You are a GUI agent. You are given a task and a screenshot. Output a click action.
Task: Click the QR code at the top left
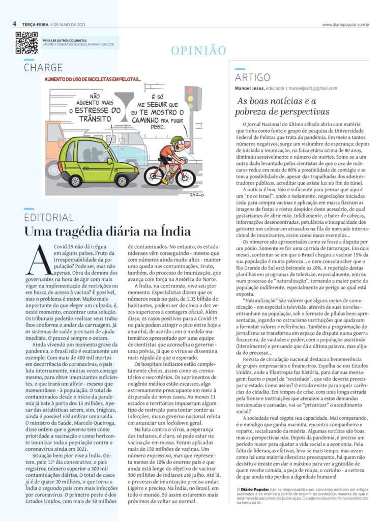(x=26, y=43)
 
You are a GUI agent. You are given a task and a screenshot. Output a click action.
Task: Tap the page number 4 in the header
(x=15, y=24)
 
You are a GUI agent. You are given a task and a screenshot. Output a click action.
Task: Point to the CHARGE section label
(x=43, y=68)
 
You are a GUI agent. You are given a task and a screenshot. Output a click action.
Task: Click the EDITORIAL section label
(x=49, y=217)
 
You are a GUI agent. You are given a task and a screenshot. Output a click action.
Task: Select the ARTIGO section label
(x=252, y=77)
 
